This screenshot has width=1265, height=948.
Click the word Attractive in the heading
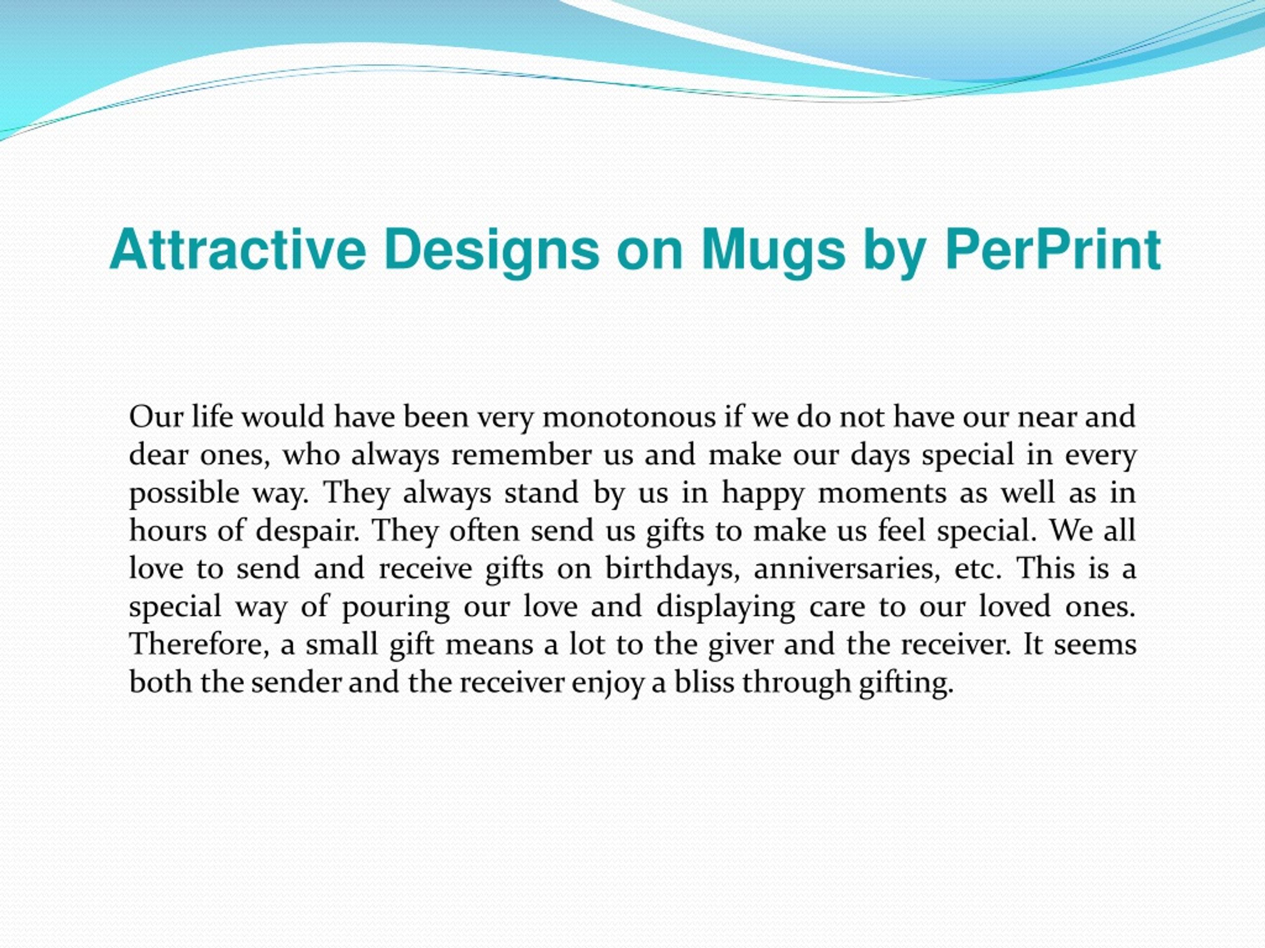click(237, 250)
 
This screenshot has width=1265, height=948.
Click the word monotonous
click(630, 417)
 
